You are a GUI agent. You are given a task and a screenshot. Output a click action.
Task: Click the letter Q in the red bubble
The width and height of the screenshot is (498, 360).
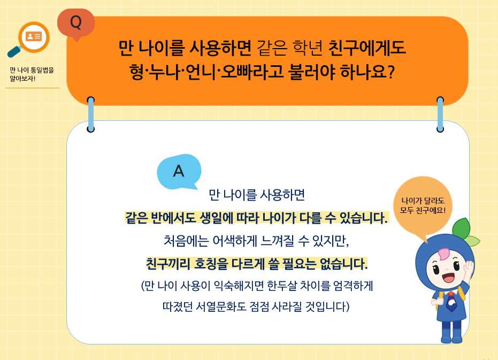pyautogui.click(x=76, y=22)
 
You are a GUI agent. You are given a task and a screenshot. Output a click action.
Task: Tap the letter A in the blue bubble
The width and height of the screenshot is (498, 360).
pyautogui.click(x=179, y=171)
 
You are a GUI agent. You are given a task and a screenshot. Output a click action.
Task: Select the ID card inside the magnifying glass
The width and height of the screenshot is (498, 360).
pyautogui.click(x=34, y=36)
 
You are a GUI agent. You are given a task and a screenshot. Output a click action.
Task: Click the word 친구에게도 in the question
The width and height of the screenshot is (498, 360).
pyautogui.click(x=367, y=48)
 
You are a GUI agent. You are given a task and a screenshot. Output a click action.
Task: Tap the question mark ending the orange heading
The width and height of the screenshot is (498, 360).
pyautogui.click(x=391, y=72)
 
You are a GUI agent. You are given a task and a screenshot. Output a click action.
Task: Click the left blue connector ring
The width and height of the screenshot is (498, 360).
pyautogui.click(x=91, y=114)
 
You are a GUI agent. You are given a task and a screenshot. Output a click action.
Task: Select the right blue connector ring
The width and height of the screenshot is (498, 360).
pyautogui.click(x=440, y=114)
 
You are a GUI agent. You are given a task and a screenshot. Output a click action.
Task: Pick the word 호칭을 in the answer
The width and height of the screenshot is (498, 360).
pyautogui.click(x=211, y=264)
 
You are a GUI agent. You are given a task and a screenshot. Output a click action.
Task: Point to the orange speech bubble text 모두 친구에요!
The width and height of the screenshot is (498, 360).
pyautogui.click(x=423, y=210)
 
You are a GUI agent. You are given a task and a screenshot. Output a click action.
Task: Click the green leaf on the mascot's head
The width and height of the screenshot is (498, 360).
pyautogui.click(x=463, y=228)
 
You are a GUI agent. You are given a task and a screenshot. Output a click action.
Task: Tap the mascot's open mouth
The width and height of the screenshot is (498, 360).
pyautogui.click(x=448, y=278)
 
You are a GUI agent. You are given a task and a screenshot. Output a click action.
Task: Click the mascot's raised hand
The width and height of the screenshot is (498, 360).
pyautogui.click(x=468, y=270)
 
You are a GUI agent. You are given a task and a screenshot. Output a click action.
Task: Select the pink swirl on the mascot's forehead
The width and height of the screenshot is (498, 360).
pyautogui.click(x=443, y=254)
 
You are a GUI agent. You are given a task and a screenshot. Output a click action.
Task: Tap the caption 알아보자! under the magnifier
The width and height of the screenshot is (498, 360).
pyautogui.click(x=22, y=79)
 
